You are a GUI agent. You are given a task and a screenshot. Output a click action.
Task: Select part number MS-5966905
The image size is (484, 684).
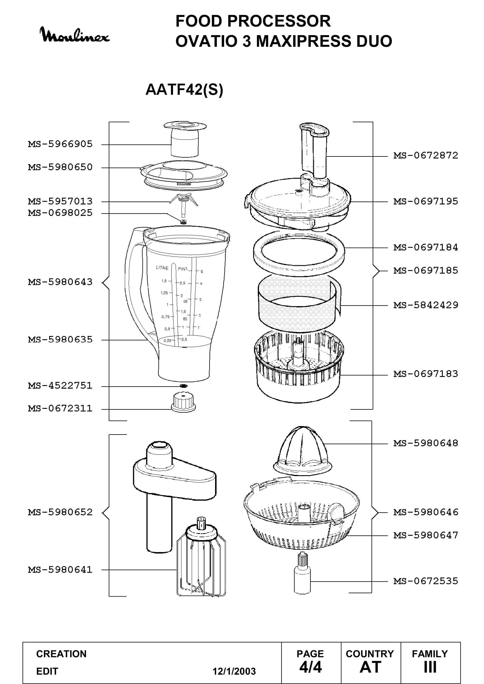tap(60, 144)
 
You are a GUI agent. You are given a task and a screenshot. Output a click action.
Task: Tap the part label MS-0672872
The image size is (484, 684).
tap(425, 156)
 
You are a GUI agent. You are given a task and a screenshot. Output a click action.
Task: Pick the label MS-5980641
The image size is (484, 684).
tap(60, 570)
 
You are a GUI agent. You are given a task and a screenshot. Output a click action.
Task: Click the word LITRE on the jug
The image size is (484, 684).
tap(162, 268)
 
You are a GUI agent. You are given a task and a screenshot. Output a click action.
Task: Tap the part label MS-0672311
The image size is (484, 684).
tap(60, 409)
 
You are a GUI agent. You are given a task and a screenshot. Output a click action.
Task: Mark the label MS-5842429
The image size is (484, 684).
tap(425, 305)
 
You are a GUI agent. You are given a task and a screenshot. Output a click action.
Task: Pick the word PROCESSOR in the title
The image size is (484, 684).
tap(279, 21)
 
